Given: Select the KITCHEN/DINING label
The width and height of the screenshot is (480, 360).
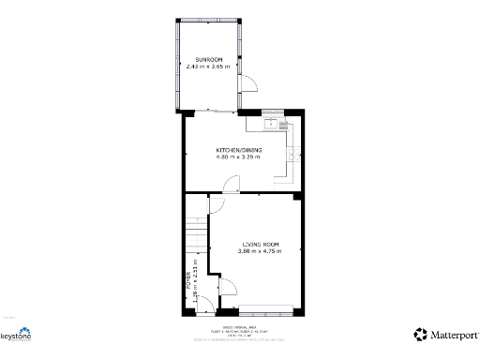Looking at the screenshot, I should coord(238,150).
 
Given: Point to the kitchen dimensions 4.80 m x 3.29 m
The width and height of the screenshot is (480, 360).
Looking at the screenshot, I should coord(238,157).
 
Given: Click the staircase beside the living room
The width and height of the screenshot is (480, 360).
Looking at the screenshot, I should coord(195,232).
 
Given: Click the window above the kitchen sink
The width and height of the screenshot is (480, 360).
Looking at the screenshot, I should coord(273,112).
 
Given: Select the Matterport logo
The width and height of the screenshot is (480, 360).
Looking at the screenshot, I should coord(446,334).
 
